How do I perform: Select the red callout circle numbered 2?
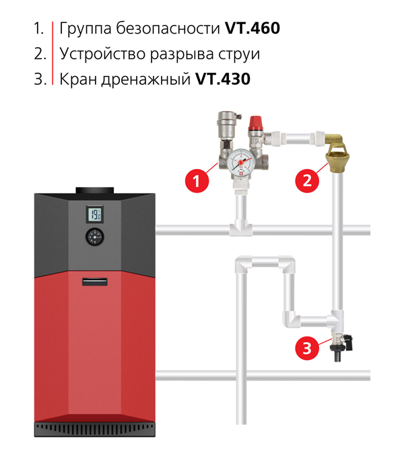click(307, 180)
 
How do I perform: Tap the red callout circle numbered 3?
click(307, 348)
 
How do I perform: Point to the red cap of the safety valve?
click(256, 123)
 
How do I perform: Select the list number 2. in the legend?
click(40, 54)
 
